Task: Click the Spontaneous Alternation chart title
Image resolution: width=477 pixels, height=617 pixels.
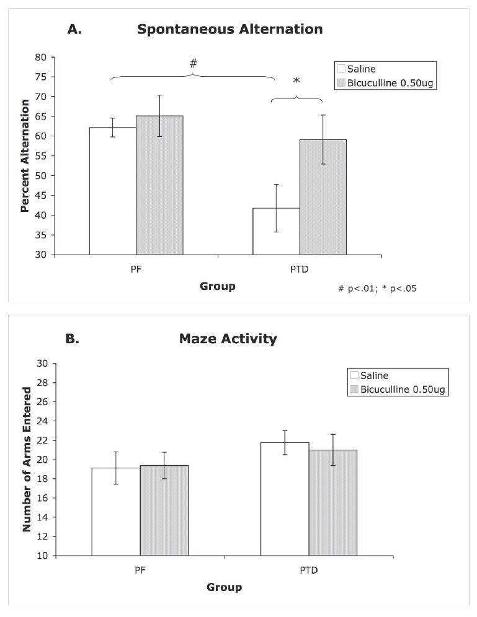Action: point(230,29)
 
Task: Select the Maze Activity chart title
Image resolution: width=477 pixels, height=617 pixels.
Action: point(228,339)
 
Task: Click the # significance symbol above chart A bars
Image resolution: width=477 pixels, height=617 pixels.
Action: point(193,63)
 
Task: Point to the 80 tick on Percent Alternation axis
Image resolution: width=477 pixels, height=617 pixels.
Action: point(42,57)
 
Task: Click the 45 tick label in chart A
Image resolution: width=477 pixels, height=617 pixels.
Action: point(42,196)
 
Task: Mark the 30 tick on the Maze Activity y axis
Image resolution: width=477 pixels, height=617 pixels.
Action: point(42,364)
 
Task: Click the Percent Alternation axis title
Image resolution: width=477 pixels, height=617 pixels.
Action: point(25,155)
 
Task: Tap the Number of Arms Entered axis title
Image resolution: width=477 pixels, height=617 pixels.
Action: point(27,459)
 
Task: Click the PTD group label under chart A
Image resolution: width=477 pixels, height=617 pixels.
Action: point(299,270)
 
